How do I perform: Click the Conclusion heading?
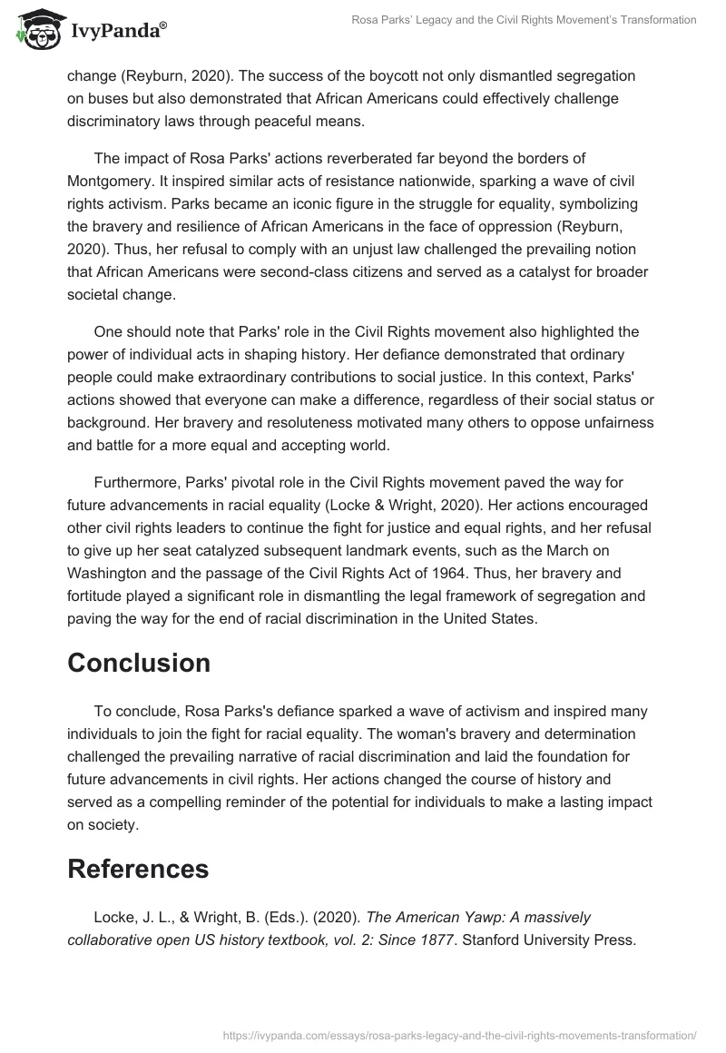[x=139, y=663]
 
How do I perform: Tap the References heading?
[x=138, y=869]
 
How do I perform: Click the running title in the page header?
[x=525, y=20]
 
